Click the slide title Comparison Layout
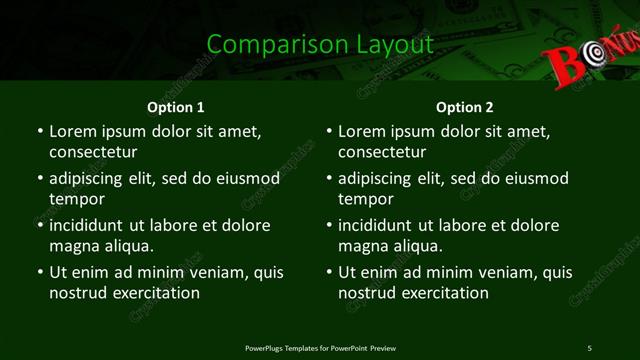point(320,44)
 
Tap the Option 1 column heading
point(176,106)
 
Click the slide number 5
point(589,348)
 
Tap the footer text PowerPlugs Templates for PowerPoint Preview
point(320,348)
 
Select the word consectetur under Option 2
point(382,152)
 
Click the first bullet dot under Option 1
point(39,132)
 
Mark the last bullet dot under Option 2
point(329,273)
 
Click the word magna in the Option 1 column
point(73,246)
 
